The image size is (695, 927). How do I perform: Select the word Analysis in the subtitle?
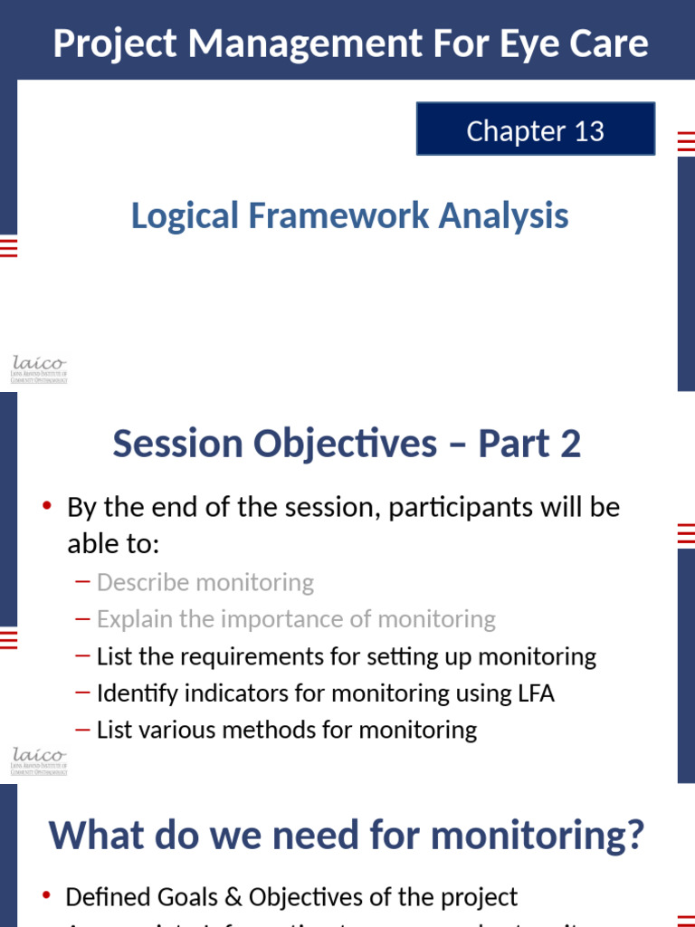(504, 215)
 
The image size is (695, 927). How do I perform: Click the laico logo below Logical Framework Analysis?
(39, 369)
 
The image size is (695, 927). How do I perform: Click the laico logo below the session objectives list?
(39, 760)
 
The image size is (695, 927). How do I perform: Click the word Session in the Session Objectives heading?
(177, 444)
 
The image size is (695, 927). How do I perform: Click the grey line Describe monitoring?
(205, 582)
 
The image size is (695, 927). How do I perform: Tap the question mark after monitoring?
(633, 835)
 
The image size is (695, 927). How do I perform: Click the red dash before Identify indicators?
(83, 693)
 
